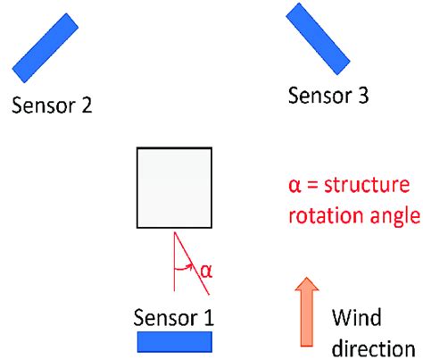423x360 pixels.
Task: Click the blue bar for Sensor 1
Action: click(x=175, y=342)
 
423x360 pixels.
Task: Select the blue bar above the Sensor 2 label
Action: click(x=46, y=47)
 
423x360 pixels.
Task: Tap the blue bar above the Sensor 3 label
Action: click(x=318, y=39)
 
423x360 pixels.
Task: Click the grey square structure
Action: click(x=174, y=188)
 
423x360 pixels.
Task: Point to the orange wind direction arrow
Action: click(x=307, y=312)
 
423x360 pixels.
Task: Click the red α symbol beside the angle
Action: click(x=206, y=272)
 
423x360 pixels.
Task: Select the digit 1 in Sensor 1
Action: click(x=208, y=318)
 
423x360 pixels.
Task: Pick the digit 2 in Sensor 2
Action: click(x=87, y=105)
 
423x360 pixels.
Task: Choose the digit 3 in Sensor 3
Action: click(x=363, y=96)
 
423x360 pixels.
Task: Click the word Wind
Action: click(x=356, y=318)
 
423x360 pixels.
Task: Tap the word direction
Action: click(x=373, y=347)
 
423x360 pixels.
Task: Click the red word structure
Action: click(x=367, y=185)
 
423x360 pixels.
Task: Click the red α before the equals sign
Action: click(x=294, y=187)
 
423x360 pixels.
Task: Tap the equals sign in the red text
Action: click(x=312, y=186)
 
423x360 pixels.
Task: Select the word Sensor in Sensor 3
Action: click(x=319, y=96)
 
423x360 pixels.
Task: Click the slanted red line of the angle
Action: click(x=192, y=264)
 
